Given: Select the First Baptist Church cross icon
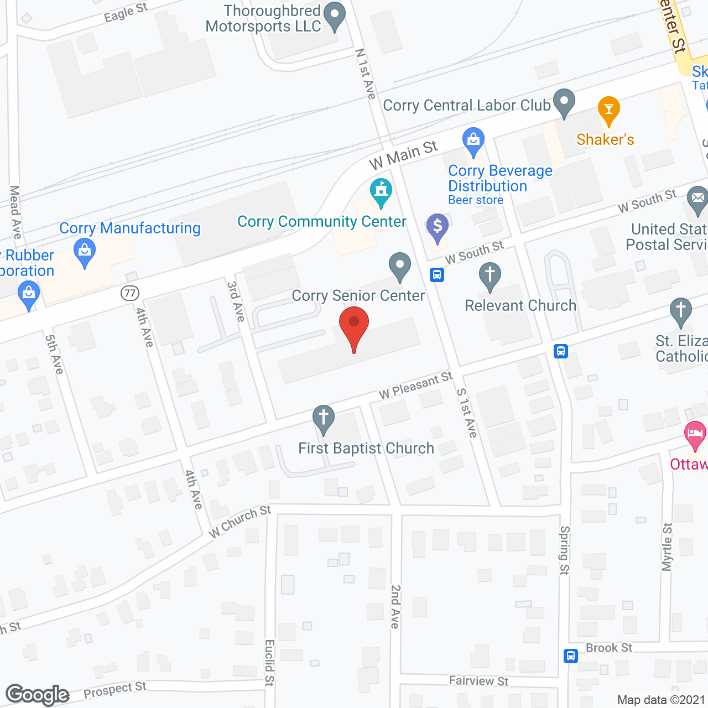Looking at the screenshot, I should click(324, 419).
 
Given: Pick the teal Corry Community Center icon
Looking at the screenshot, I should click(381, 191).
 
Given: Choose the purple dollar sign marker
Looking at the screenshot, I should click(438, 227).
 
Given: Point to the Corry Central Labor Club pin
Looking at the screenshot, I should click(564, 102).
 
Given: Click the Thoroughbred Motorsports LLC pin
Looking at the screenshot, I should click(334, 16).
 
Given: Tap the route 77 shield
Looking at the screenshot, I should click(130, 293).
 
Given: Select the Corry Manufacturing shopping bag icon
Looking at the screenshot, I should click(85, 253).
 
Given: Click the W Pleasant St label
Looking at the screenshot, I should click(415, 386).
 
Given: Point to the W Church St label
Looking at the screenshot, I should click(240, 521).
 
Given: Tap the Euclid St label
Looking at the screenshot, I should click(269, 663).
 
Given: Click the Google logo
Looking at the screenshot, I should click(38, 695).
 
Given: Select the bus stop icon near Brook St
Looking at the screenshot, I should click(571, 656).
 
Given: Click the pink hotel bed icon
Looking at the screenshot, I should click(695, 434).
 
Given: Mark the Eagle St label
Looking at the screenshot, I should click(126, 12).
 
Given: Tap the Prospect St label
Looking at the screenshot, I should click(115, 690).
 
